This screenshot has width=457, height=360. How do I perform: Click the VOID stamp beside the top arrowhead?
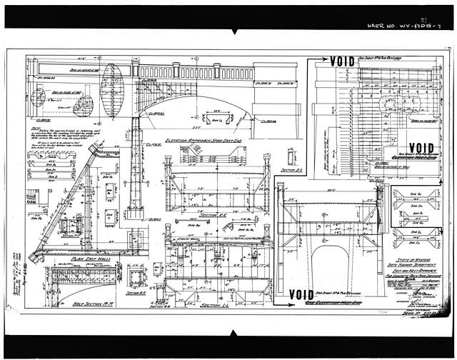(331, 62)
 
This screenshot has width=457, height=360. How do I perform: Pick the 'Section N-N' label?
(135, 293)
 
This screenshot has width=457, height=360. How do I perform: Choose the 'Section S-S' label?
(295, 171)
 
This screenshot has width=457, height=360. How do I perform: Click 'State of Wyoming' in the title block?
(417, 244)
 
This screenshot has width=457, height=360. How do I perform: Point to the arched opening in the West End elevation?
(334, 268)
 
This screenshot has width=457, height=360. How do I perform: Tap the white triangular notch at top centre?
(236, 31)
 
